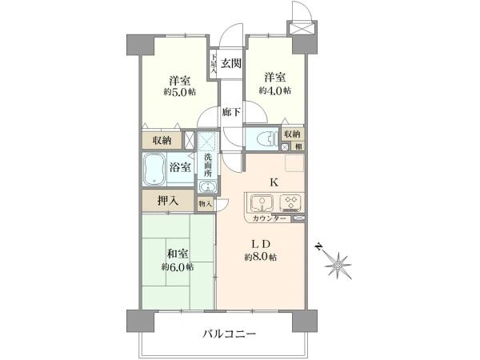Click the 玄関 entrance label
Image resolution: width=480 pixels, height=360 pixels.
231,63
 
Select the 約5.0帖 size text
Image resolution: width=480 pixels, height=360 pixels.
179,91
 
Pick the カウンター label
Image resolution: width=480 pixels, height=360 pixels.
270,218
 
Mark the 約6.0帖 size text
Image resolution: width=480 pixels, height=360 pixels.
177,266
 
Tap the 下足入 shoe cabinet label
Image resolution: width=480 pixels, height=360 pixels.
214,65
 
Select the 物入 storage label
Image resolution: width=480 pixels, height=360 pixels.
206,204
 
